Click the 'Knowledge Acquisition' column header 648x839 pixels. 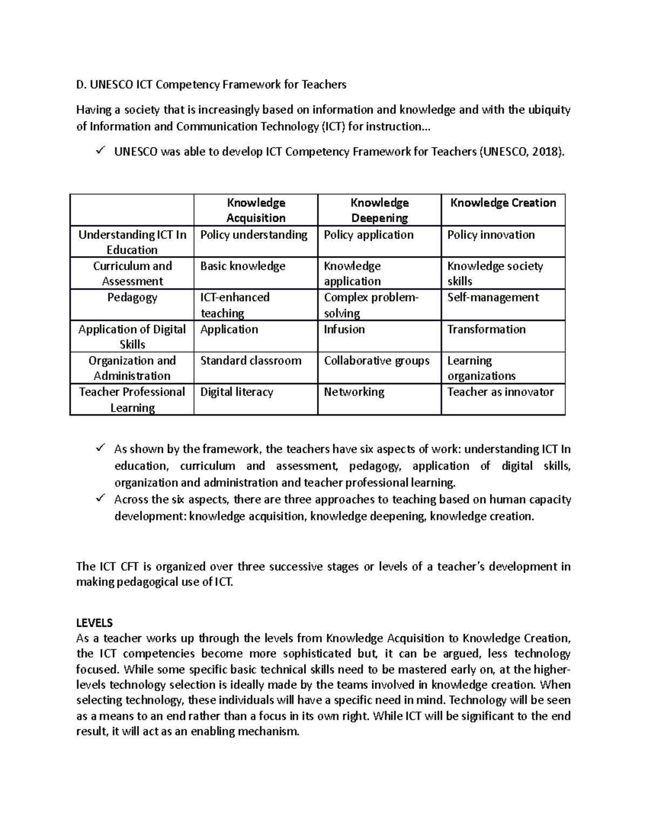coord(256,210)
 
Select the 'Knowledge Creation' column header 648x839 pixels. coord(503,203)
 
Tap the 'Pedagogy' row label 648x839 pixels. coord(132,298)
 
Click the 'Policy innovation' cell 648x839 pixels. coord(491,235)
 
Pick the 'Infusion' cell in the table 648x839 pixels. coord(344,330)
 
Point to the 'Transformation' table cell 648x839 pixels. coord(486,330)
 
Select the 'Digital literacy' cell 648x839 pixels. coord(237,392)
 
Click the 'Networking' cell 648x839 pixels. coord(354,392)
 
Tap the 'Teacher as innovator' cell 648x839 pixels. coord(500,392)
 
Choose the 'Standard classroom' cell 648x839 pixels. coord(251,361)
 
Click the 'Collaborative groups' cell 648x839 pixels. coord(376,361)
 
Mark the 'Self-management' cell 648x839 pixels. coord(492,298)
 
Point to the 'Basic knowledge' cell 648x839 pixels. coord(242,266)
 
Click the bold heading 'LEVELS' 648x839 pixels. coord(94,623)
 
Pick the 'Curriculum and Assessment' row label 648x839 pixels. coord(132,273)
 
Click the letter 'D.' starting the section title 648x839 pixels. coord(81,85)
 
